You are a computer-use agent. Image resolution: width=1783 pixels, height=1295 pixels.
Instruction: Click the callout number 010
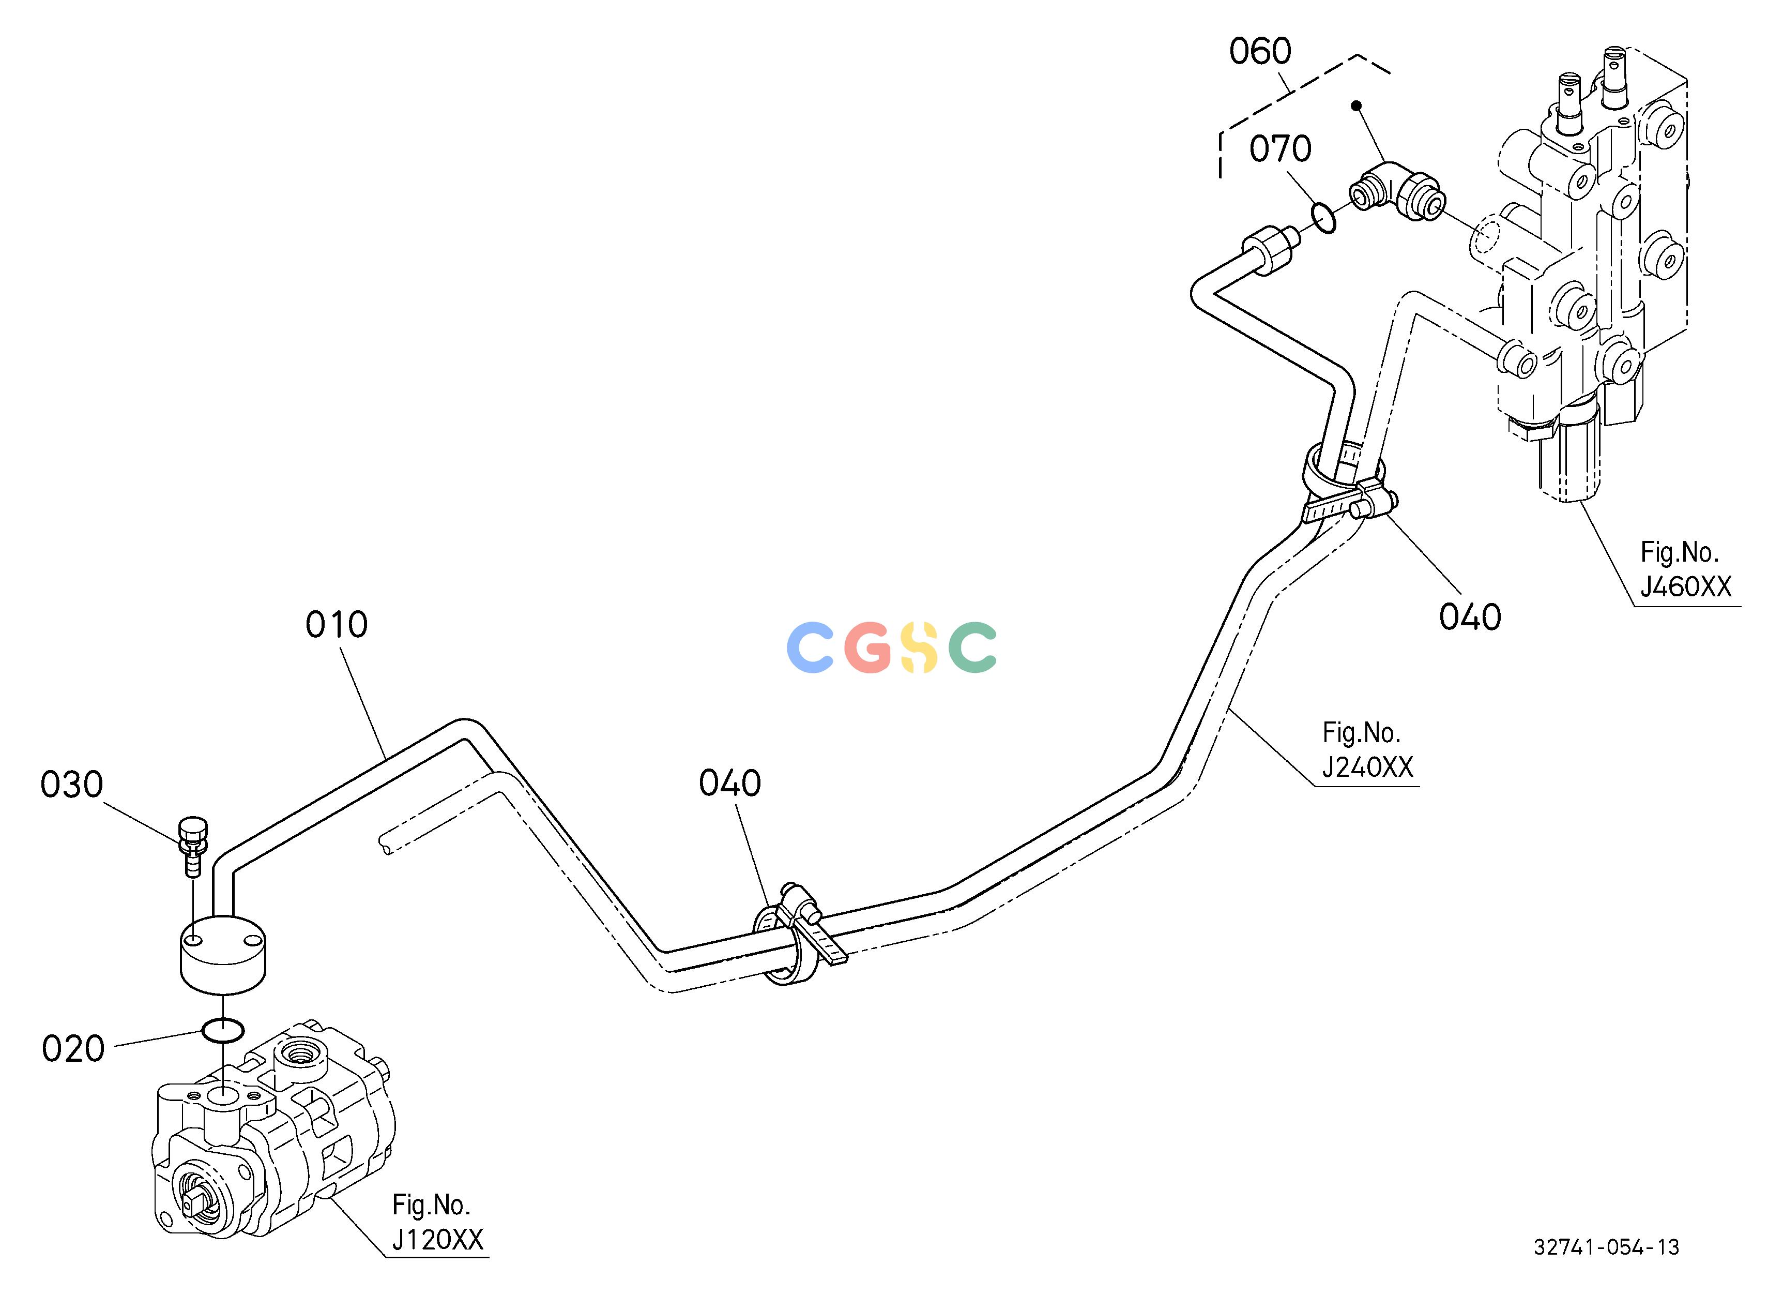[337, 626]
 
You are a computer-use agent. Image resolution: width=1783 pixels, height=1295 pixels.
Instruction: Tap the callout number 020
[73, 1049]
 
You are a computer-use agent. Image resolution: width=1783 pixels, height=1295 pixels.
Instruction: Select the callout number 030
[71, 785]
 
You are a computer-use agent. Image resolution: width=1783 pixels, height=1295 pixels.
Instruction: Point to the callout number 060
[1260, 52]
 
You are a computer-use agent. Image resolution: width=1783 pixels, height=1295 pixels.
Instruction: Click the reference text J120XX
[437, 1240]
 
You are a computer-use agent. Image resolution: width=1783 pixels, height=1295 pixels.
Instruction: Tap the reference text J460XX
[1685, 586]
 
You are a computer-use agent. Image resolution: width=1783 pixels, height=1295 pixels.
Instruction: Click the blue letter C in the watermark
[811, 647]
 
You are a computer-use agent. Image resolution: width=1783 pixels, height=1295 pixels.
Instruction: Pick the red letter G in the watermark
[868, 647]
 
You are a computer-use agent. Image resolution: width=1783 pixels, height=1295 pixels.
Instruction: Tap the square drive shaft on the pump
[194, 1202]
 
